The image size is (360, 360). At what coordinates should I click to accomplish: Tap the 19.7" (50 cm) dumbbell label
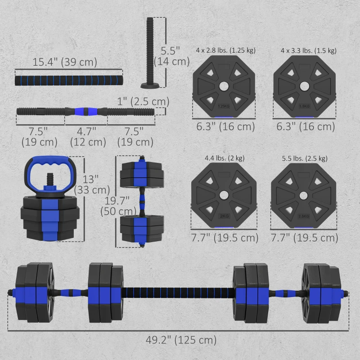118,205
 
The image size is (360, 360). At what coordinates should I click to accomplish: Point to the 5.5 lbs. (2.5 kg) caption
304,158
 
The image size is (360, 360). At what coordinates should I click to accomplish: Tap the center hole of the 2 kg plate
224,194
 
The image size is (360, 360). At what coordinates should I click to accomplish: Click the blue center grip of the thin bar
85,111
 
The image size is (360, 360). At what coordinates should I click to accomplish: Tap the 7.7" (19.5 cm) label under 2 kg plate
224,237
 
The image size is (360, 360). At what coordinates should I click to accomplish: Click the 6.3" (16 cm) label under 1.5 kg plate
304,126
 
